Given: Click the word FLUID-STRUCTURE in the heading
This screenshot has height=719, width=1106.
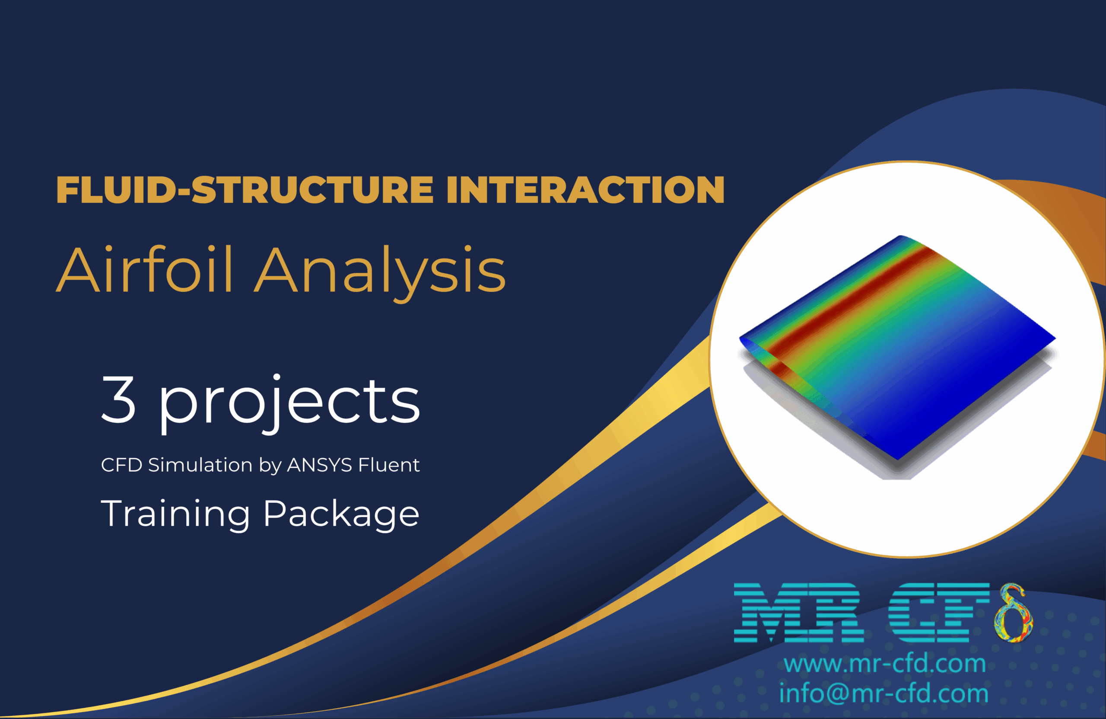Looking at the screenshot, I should (x=245, y=190).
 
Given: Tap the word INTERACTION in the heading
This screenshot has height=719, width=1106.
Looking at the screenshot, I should (x=585, y=190).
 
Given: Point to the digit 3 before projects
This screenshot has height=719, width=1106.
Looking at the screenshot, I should (x=118, y=400).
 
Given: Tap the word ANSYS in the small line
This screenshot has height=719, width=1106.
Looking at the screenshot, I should (x=319, y=465).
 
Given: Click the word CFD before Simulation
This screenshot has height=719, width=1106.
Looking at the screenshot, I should (x=121, y=465).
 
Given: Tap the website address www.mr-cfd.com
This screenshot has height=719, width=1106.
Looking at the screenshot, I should (x=884, y=663).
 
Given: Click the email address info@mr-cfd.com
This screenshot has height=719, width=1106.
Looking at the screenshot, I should (x=884, y=693).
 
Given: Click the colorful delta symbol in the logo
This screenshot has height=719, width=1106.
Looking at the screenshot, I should (x=1013, y=614).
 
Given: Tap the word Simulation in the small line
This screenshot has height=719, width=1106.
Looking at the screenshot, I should (x=200, y=465).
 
